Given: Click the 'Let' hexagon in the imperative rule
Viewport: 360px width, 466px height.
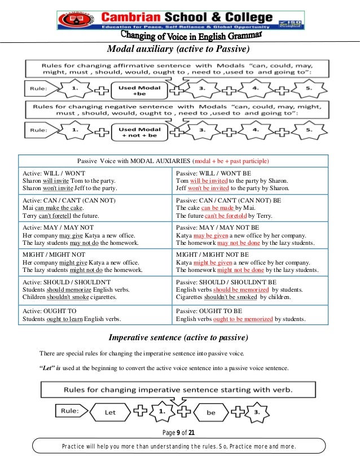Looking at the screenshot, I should (109, 412).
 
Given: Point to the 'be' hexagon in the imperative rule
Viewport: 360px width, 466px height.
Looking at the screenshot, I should (210, 412).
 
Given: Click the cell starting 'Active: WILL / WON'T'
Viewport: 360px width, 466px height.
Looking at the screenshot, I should (95, 181).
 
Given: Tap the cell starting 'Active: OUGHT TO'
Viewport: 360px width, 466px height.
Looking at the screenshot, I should (95, 315).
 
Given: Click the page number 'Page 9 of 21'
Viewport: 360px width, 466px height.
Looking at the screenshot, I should (180, 433).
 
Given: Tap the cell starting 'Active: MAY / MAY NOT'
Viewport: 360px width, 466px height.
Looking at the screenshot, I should (95, 235).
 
